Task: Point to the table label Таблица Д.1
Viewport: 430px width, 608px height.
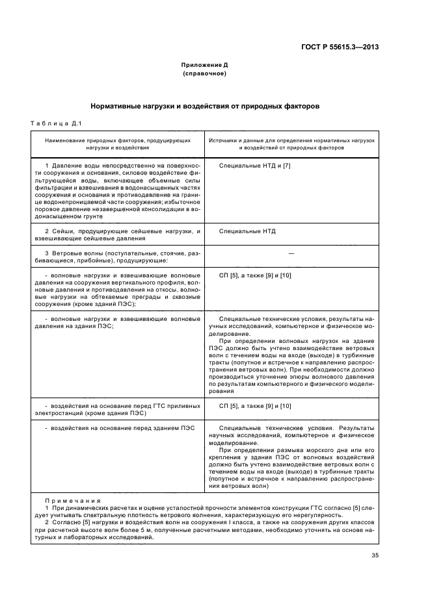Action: [55, 124]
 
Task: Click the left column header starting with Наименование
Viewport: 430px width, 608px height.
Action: [117, 144]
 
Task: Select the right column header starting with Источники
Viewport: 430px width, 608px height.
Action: [291, 144]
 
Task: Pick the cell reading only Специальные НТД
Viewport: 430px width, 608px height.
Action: [247, 231]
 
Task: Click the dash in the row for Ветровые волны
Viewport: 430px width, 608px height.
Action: [291, 253]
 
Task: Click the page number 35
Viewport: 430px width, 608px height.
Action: [375, 555]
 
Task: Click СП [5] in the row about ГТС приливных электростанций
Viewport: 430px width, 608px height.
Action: [230, 405]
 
